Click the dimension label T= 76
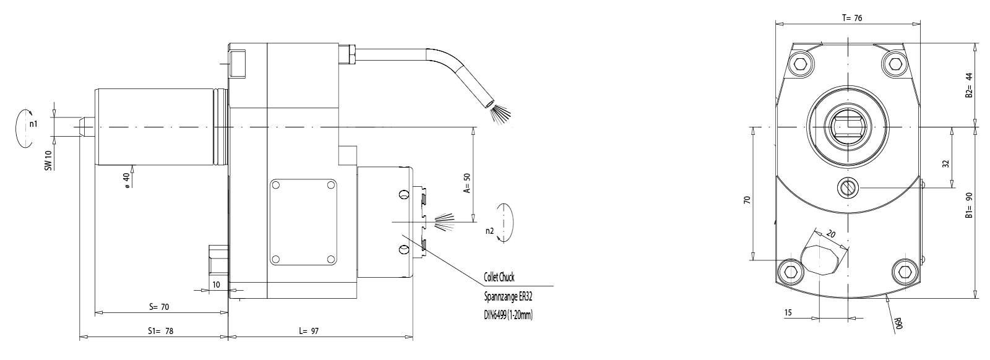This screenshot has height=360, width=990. [x=852, y=19]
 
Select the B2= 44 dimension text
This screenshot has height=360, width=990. [x=970, y=86]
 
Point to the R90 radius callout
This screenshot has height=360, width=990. [x=898, y=322]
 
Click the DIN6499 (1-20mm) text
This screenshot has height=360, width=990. [x=508, y=315]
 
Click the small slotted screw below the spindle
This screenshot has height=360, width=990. [x=847, y=187]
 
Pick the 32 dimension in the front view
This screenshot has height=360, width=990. [x=945, y=165]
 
